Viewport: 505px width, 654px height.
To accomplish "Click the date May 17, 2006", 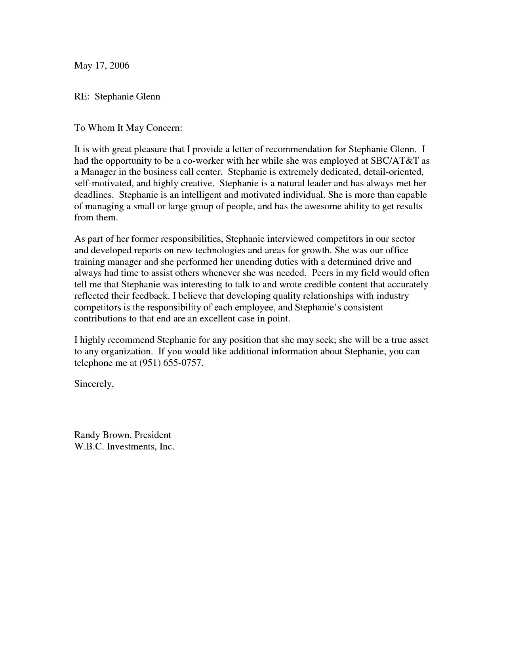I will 102,65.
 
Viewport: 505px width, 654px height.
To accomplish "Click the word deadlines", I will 94,195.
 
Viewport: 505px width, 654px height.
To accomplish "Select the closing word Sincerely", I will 93,384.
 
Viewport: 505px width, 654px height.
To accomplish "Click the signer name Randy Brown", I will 102,435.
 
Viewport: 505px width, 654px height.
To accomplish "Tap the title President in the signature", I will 153,435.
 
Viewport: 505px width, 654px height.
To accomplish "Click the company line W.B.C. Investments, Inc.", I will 124,446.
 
